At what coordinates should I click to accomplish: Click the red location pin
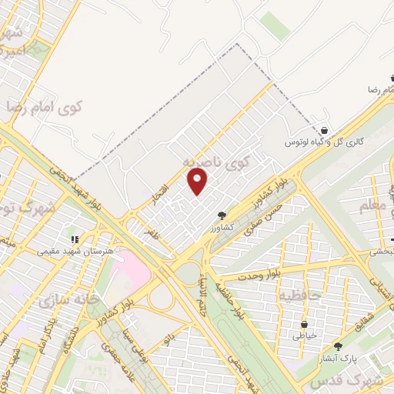coord(198,181)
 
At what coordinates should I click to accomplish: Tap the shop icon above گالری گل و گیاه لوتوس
coord(325,132)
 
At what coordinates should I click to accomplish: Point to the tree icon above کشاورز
coord(222,215)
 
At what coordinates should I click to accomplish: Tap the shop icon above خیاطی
coord(304,324)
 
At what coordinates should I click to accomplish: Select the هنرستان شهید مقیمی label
coord(75,251)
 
